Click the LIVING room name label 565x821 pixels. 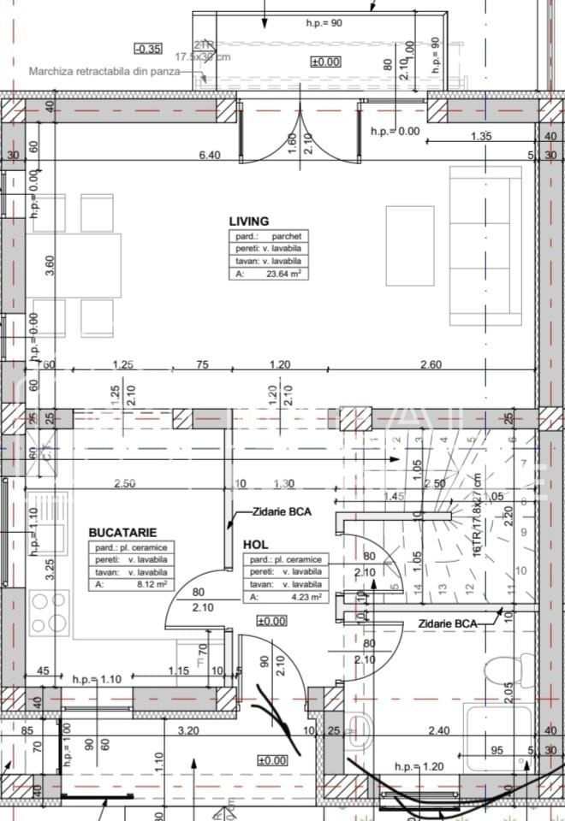click(x=247, y=221)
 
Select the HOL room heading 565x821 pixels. click(x=256, y=544)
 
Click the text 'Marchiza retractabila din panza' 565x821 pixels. click(x=104, y=72)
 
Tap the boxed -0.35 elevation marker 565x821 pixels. click(x=148, y=49)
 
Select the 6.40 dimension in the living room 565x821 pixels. click(x=210, y=155)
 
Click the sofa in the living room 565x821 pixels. click(x=485, y=246)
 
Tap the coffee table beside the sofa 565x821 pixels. click(x=409, y=245)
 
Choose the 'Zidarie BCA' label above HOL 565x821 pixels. click(x=282, y=512)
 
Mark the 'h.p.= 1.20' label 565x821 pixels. click(x=419, y=767)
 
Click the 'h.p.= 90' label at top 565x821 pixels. click(x=324, y=23)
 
